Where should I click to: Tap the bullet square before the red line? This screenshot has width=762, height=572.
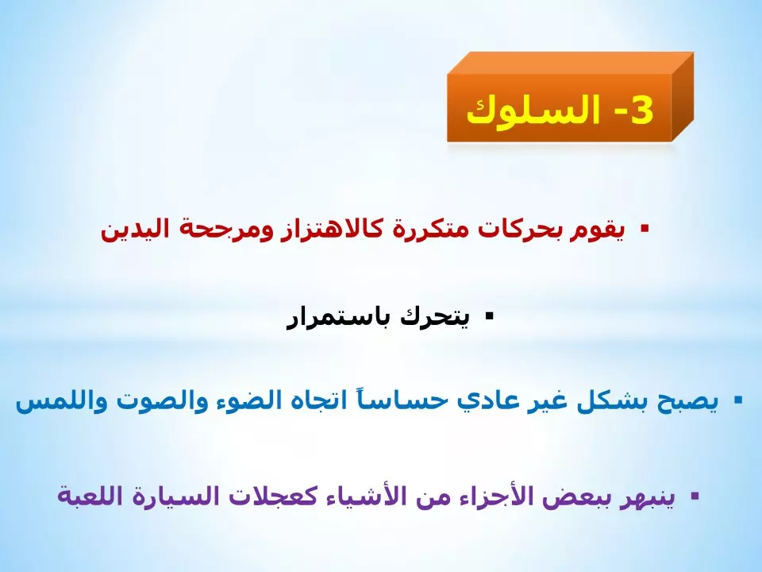tap(644, 229)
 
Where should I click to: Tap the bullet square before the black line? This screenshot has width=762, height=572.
tap(489, 316)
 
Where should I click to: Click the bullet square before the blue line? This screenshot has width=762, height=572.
tap(737, 400)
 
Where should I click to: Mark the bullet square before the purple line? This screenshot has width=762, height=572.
tap(695, 496)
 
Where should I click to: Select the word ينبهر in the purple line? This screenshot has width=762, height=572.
tap(652, 497)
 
